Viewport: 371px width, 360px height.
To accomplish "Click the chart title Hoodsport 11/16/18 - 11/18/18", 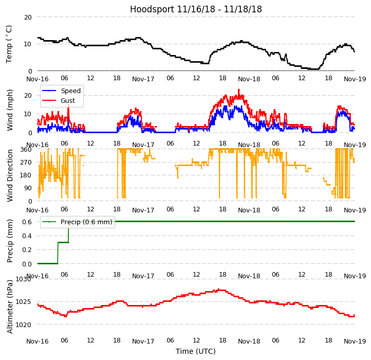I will tap(196, 9).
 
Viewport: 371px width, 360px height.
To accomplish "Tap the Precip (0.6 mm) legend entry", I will tap(86, 222).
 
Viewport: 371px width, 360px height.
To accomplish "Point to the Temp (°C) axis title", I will tap(9, 44).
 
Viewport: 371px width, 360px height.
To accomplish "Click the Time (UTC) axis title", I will tap(196, 351).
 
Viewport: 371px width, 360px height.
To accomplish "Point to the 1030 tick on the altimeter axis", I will tap(23, 279).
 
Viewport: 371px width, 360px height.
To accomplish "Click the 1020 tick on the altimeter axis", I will tap(23, 325).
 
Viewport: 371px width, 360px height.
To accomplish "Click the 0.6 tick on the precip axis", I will tap(27, 221).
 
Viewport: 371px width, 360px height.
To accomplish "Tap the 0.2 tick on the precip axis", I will tap(27, 249).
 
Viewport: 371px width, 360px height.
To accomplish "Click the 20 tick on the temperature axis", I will tap(28, 17).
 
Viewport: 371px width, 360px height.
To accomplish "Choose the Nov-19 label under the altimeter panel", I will tap(355, 341).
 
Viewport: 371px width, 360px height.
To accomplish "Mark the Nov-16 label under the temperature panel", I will tap(38, 79).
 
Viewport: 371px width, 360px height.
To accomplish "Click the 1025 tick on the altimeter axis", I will tap(23, 301).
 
